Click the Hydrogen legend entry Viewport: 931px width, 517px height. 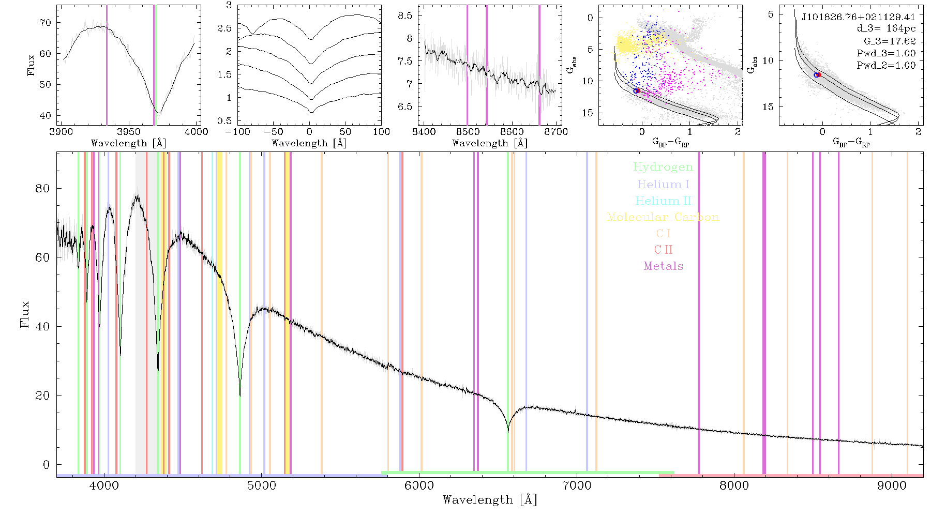pos(663,167)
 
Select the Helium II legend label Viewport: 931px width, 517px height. pos(663,201)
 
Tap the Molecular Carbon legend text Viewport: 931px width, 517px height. pos(663,217)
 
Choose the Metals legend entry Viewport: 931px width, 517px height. pos(664,266)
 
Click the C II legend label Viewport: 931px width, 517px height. pos(663,250)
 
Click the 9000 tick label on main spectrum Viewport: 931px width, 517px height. pos(892,485)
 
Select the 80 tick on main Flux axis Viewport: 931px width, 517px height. pos(42,189)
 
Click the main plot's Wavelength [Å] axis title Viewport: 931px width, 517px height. pos(490,500)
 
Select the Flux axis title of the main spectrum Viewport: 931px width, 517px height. pos(24,314)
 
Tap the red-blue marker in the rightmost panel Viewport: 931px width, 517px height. pos(817,75)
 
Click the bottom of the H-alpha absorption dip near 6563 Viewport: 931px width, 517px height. pos(508,431)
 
